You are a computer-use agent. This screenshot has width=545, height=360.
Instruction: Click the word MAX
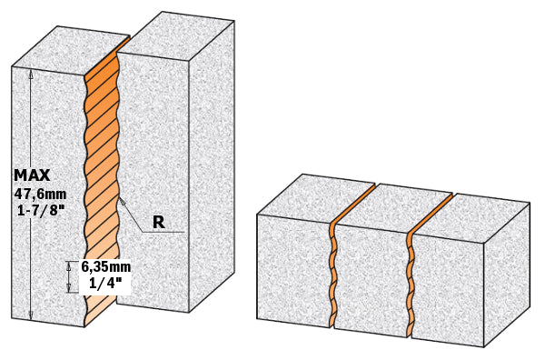[x=33, y=175]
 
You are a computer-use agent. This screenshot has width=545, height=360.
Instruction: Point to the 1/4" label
[x=100, y=284]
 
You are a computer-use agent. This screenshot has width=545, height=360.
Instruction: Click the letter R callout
[x=158, y=221]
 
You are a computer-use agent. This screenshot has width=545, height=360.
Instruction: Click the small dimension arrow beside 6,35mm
[x=71, y=275]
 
